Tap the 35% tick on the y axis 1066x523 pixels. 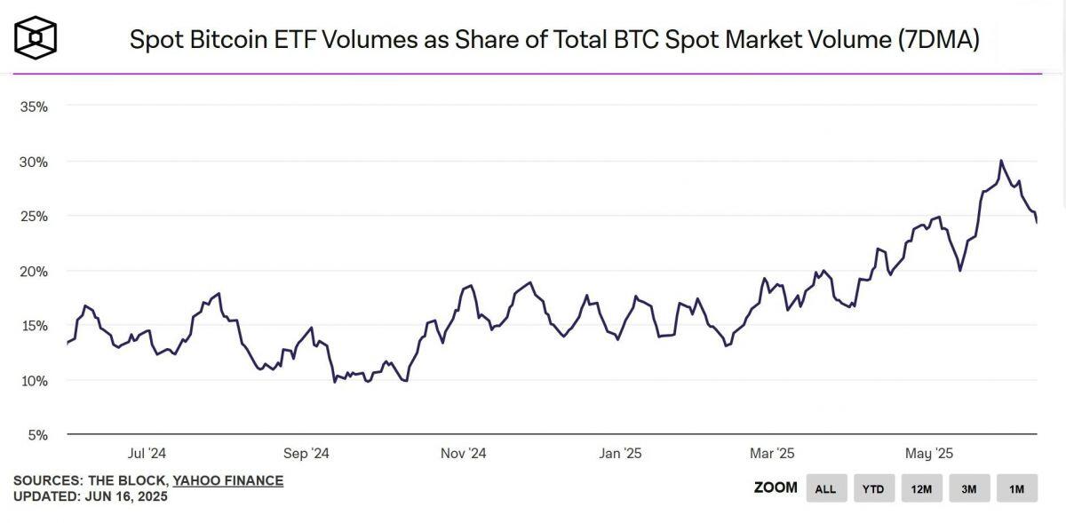tap(33, 107)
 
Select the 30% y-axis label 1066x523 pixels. tap(33, 162)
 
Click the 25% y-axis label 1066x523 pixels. tap(33, 216)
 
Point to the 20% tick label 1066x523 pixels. tap(33, 271)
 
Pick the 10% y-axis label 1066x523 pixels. tap(33, 380)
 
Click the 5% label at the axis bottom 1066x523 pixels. tap(36, 435)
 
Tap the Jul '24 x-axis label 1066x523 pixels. tap(147, 454)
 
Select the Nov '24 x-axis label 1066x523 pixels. tap(463, 454)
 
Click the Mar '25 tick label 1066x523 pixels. tap(772, 454)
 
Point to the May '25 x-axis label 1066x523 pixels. tap(930, 454)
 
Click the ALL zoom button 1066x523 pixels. tap(825, 488)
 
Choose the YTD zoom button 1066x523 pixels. tap(873, 488)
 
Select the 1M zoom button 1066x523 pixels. tap(1016, 488)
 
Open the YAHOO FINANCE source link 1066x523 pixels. tap(228, 480)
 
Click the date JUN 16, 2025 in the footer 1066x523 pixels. tap(124, 496)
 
